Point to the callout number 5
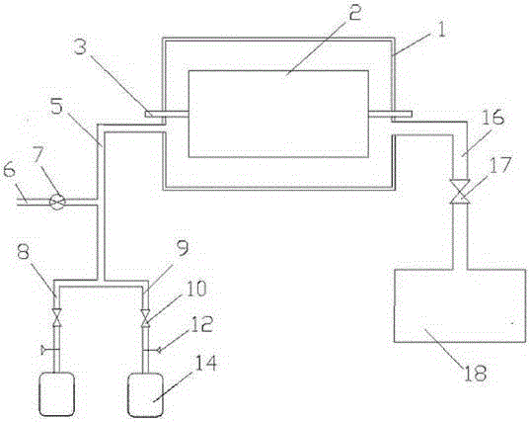coord(57,106)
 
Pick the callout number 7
coord(38,156)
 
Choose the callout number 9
coord(183,249)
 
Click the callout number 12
coord(200,324)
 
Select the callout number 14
coord(205,363)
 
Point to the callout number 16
coord(492,117)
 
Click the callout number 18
coord(476,373)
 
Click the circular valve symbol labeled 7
coord(56,202)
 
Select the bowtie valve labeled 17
coord(460,192)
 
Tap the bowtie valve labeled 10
coord(146,318)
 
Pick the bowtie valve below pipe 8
coord(57,318)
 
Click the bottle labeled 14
coord(145,394)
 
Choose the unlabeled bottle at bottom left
coord(57,394)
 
